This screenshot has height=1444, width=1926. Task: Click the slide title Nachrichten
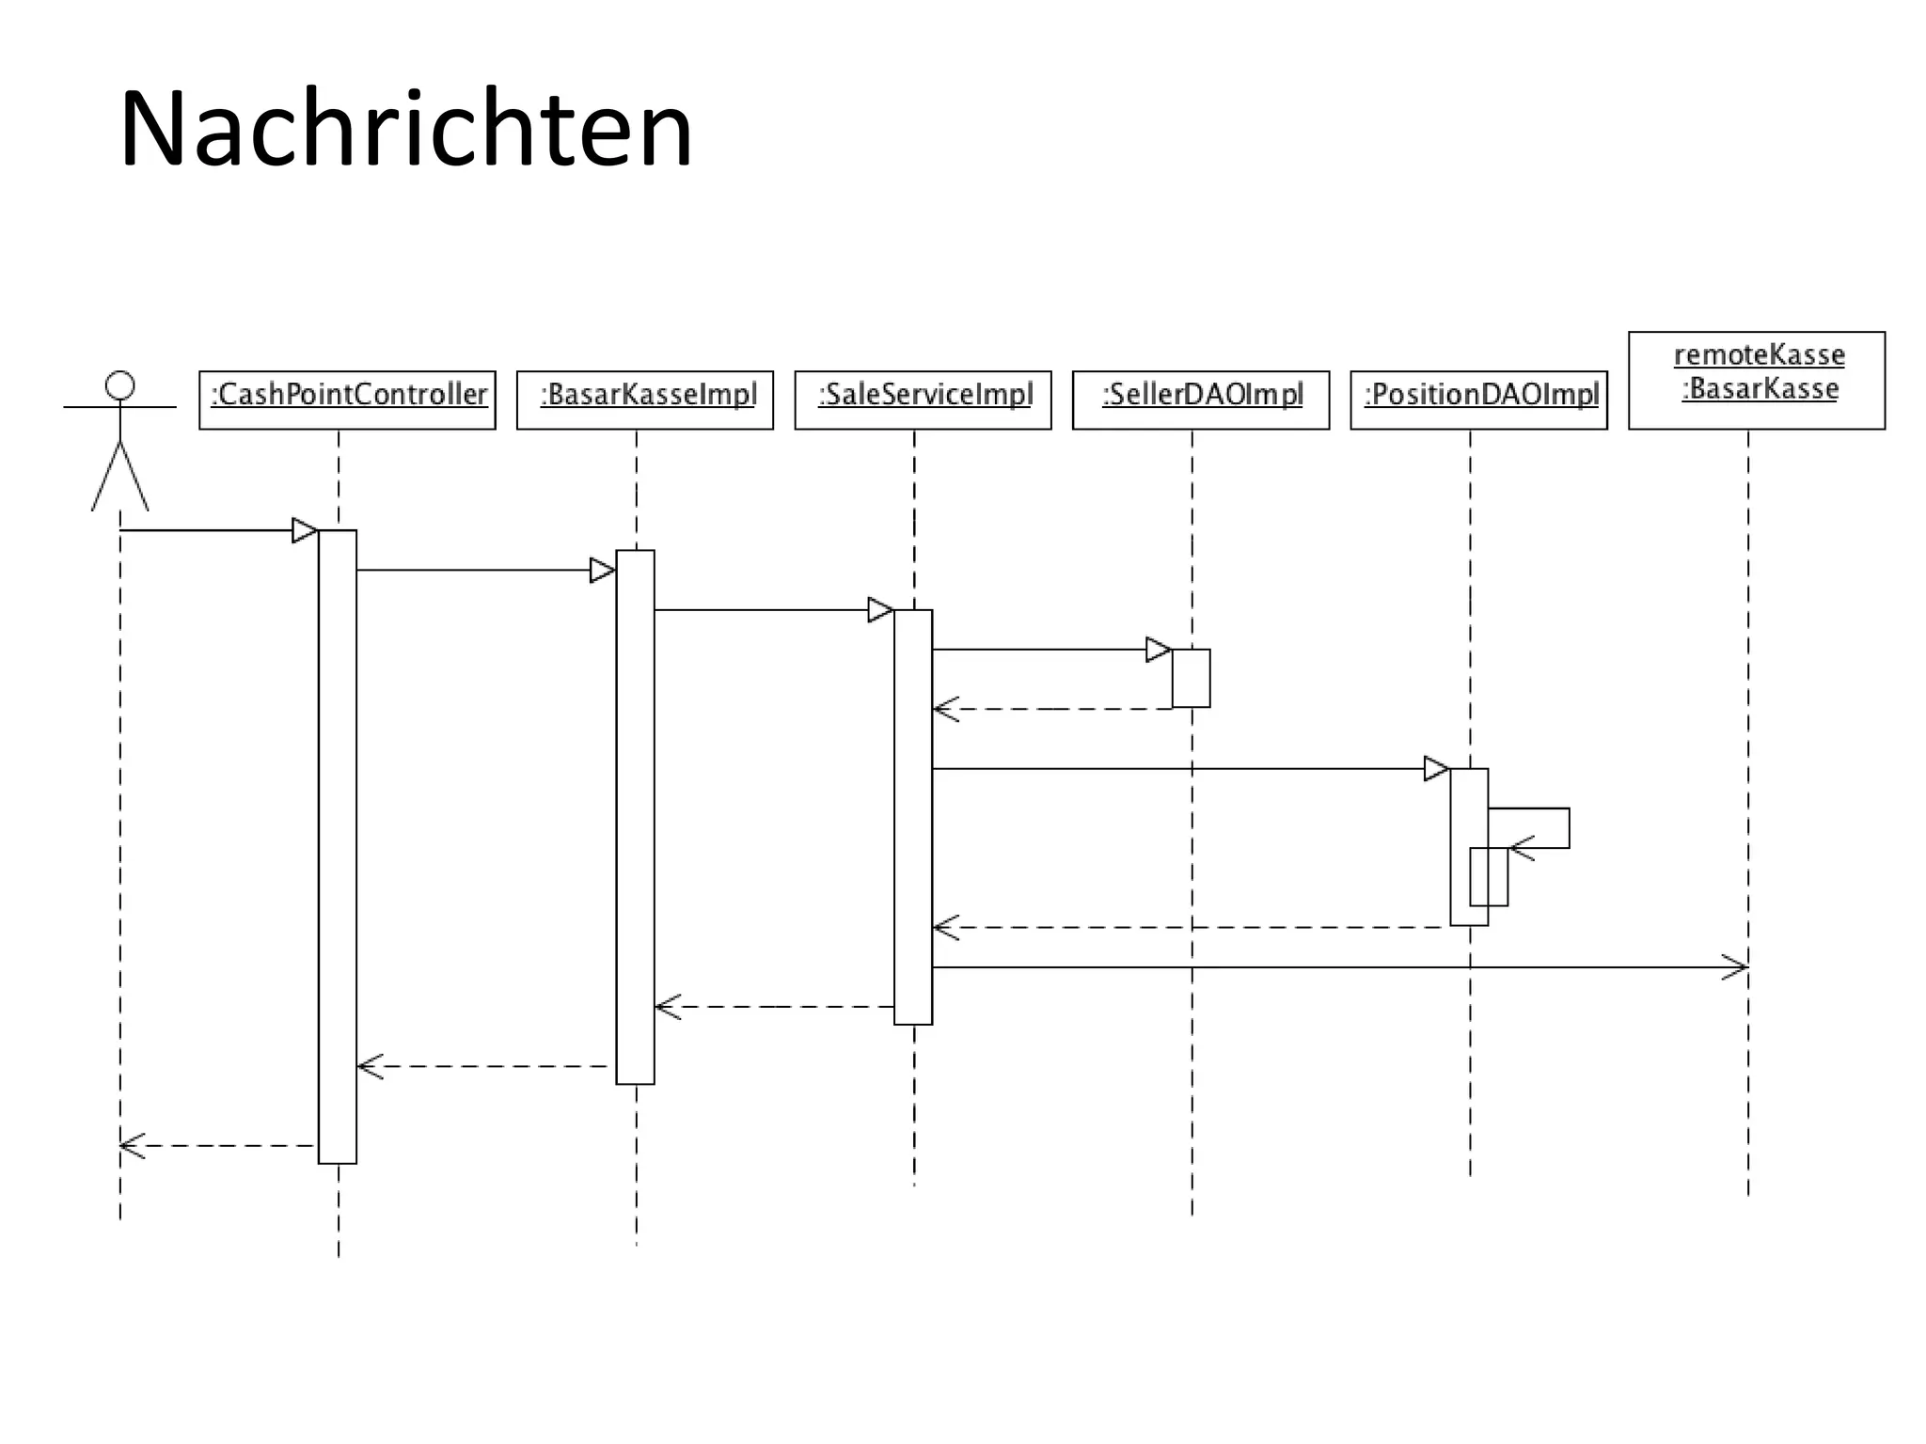[405, 129]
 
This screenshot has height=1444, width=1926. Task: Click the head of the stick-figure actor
[119, 385]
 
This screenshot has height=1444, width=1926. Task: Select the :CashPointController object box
[347, 399]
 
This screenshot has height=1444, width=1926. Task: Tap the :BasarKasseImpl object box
[644, 399]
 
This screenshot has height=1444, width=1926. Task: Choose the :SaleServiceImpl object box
[923, 399]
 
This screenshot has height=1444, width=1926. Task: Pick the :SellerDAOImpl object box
[1200, 399]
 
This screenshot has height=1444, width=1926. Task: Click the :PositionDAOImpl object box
[1478, 399]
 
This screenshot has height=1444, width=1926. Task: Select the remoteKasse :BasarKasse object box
[1756, 380]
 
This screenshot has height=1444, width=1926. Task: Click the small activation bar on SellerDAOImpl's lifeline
[1191, 678]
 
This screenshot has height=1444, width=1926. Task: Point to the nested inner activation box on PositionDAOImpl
[1489, 877]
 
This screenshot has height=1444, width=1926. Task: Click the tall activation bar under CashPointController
[338, 846]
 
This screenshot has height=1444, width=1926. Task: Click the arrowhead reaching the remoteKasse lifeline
[1735, 966]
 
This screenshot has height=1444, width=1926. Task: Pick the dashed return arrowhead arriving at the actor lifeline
[131, 1145]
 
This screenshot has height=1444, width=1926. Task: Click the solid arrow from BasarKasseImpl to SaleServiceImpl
[762, 610]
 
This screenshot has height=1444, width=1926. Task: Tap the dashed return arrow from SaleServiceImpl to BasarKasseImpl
[771, 1007]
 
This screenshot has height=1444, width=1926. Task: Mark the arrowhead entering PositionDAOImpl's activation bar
[1436, 768]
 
